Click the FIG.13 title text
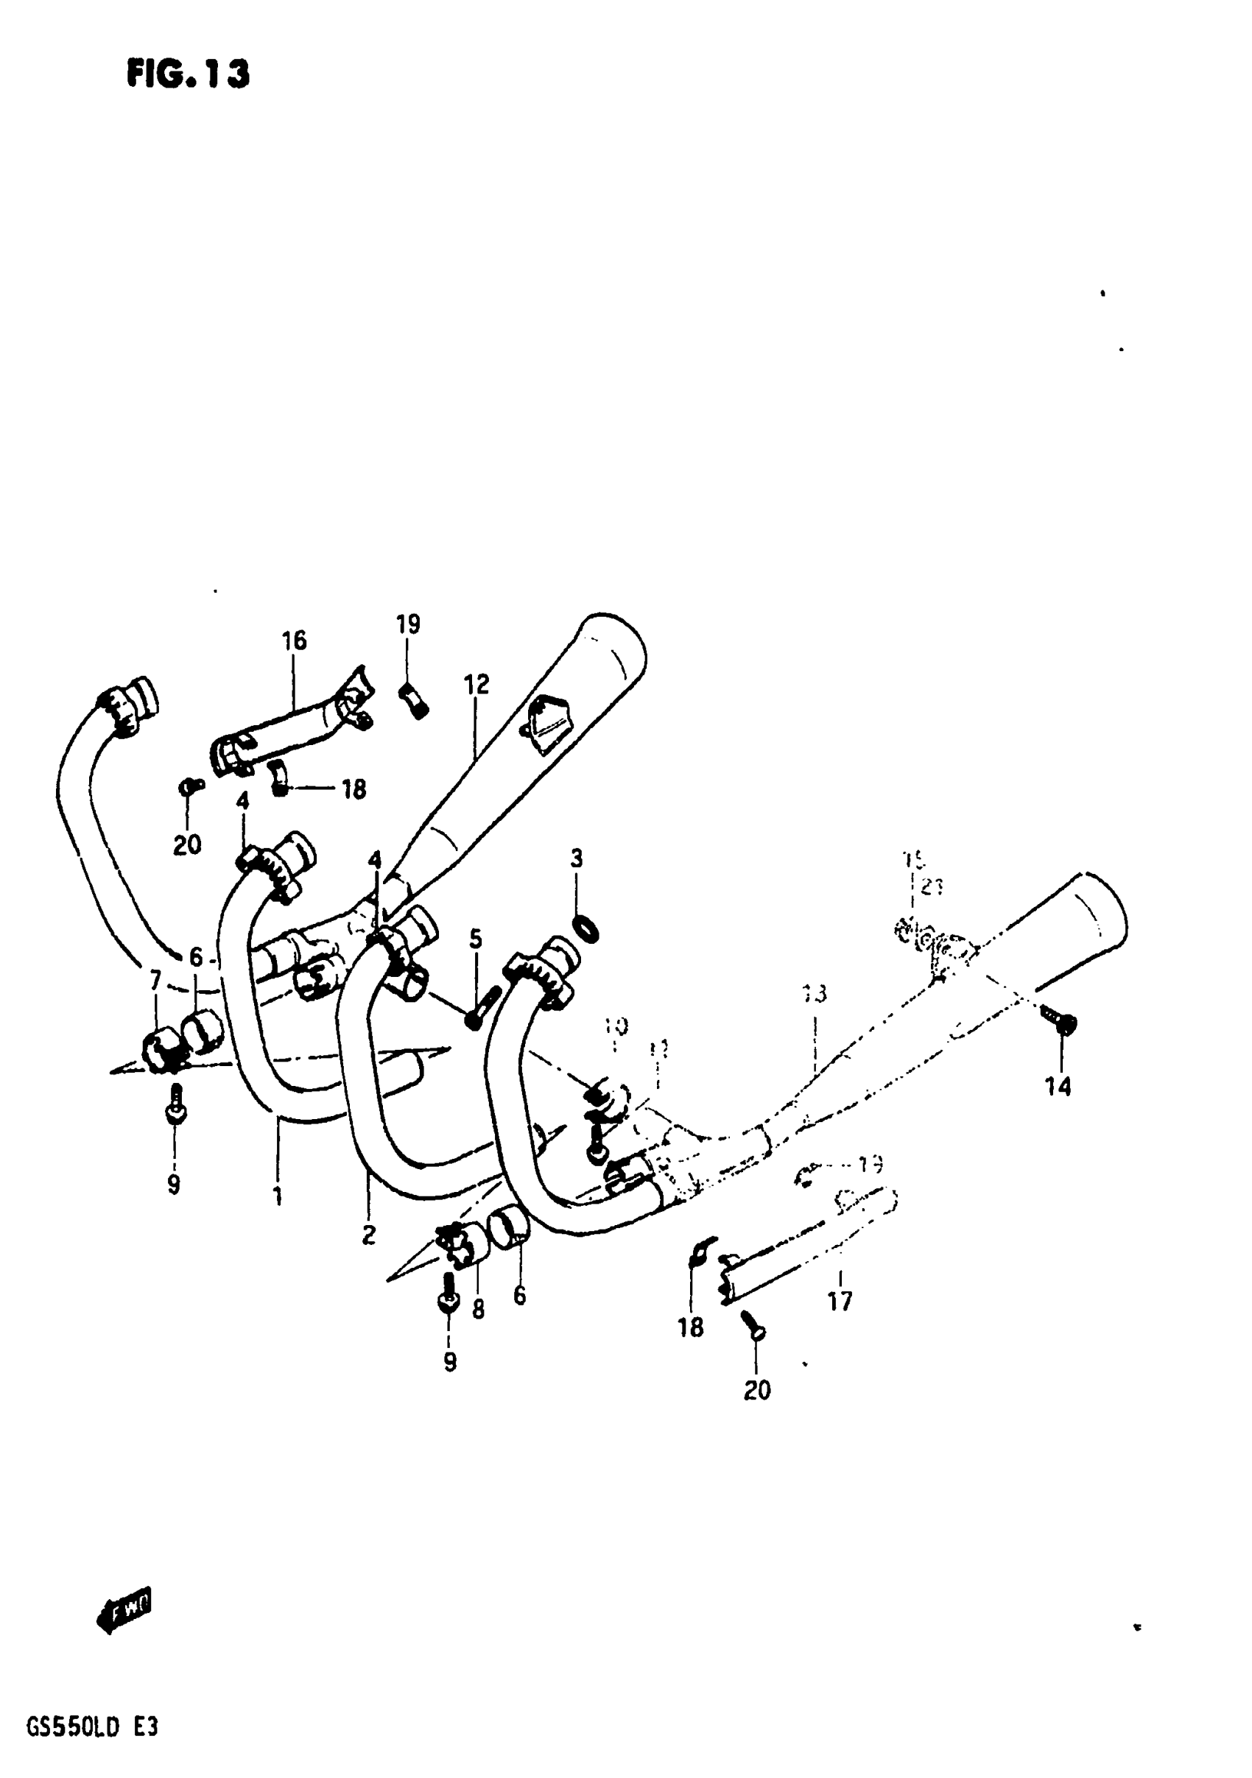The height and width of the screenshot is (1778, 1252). click(x=189, y=74)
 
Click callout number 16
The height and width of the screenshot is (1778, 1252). click(x=294, y=641)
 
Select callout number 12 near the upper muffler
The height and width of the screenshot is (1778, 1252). click(x=477, y=685)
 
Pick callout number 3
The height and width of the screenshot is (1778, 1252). click(x=577, y=858)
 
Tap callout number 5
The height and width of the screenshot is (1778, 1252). click(x=476, y=939)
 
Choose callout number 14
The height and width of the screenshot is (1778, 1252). click(x=1058, y=1087)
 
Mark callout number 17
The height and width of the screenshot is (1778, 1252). click(x=840, y=1301)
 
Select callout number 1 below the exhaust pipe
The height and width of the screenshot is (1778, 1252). click(x=278, y=1196)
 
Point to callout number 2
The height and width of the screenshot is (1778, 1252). click(x=369, y=1235)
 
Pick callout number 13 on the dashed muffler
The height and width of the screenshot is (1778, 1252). click(x=815, y=993)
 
